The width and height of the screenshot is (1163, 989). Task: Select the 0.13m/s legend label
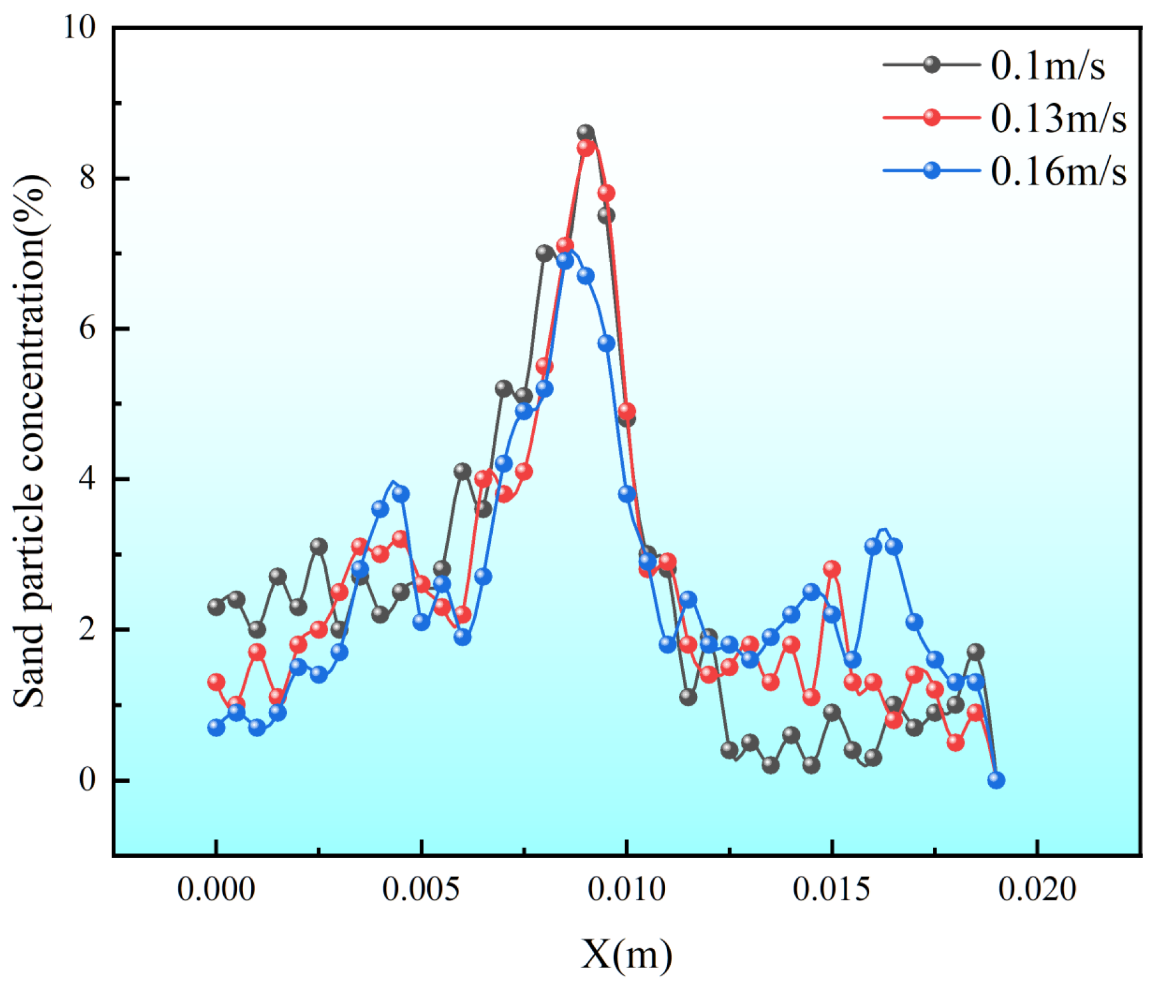(x=1057, y=118)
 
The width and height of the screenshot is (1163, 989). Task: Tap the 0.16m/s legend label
(x=1057, y=171)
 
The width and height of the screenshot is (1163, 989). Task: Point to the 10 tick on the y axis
(x=79, y=27)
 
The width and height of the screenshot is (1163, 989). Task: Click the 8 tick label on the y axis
(x=87, y=178)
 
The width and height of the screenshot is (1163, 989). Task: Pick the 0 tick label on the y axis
(x=87, y=779)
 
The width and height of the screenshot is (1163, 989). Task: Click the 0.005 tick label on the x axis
(x=421, y=889)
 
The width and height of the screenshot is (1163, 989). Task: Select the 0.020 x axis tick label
(x=1036, y=889)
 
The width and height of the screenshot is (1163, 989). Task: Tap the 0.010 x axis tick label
(x=626, y=889)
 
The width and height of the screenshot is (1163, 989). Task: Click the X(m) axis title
(x=626, y=954)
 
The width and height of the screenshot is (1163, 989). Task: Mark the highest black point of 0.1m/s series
(x=586, y=133)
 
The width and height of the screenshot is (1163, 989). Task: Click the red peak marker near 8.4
(x=586, y=148)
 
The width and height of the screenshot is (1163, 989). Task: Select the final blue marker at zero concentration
(x=996, y=780)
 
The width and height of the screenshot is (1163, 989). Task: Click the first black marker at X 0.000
(x=216, y=607)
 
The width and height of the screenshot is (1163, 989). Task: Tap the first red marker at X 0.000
(x=216, y=682)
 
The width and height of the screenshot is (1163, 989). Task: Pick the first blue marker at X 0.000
(x=216, y=728)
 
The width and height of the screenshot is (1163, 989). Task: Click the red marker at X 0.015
(x=832, y=569)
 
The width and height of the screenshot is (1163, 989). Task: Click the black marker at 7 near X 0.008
(x=544, y=253)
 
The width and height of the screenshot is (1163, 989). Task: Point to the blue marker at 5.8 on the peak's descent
(x=606, y=343)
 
